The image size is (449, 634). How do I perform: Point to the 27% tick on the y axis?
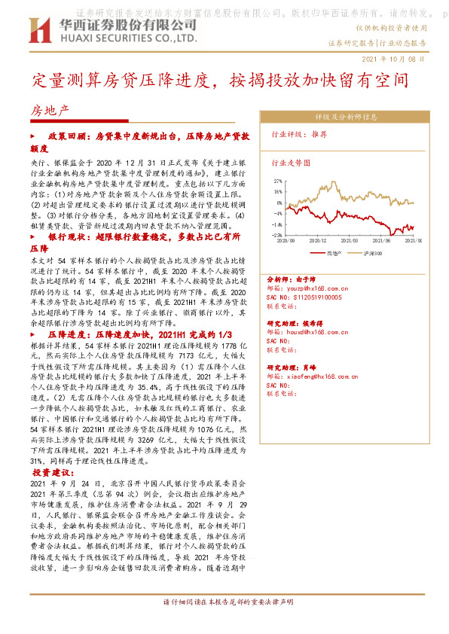coord(278,181)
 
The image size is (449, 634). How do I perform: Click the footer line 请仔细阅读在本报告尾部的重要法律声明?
coord(228,602)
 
